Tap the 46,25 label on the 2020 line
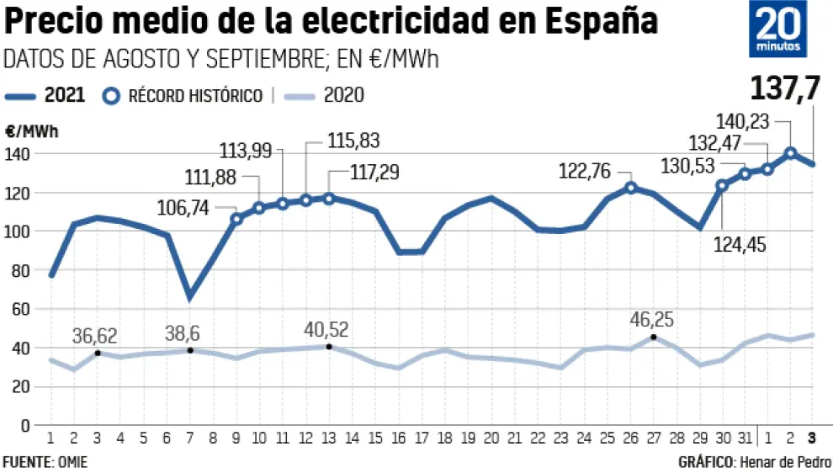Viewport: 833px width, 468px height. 652,320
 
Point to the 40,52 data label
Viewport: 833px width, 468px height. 330,329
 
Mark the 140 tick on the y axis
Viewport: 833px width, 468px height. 19,154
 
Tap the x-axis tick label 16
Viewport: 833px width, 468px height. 399,439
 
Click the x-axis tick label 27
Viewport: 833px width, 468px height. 654,439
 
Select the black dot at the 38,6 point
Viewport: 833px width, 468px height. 190,350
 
